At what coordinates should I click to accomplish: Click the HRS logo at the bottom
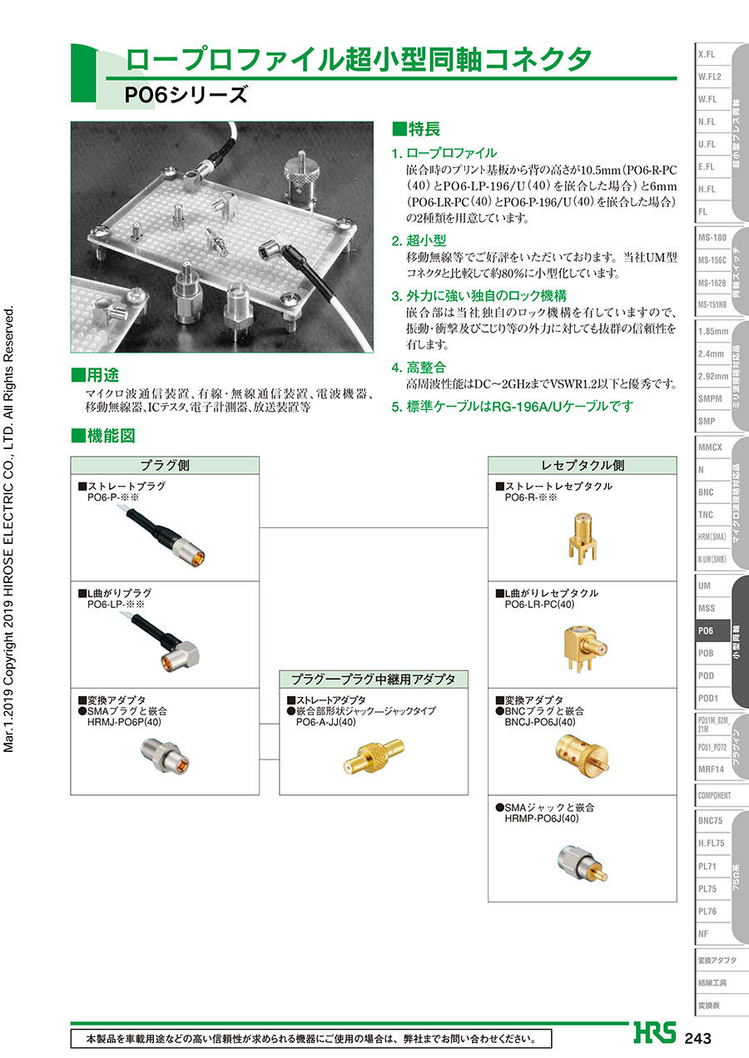pos(655,1032)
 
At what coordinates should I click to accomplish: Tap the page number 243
pos(697,1038)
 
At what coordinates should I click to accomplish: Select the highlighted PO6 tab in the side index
pos(712,630)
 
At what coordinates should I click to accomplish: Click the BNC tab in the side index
pos(706,492)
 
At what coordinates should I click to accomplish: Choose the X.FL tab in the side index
pos(707,54)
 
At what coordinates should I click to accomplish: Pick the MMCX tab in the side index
pos(710,447)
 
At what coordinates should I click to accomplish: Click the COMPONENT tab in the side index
pos(715,795)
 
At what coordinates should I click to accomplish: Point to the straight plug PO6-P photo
pos(162,536)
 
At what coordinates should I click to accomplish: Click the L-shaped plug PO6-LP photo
pos(166,643)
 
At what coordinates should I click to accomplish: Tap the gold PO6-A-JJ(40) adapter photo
pos(374,756)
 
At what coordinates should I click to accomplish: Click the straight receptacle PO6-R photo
pos(583,538)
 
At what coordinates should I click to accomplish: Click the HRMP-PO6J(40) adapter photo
pos(583,863)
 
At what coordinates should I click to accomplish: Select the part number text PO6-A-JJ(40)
pos(325,722)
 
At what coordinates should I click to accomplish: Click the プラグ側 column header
pos(165,466)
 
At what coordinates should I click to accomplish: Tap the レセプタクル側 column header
pos(583,466)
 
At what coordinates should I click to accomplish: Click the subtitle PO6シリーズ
pos(186,95)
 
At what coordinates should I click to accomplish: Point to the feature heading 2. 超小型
pos(419,240)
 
